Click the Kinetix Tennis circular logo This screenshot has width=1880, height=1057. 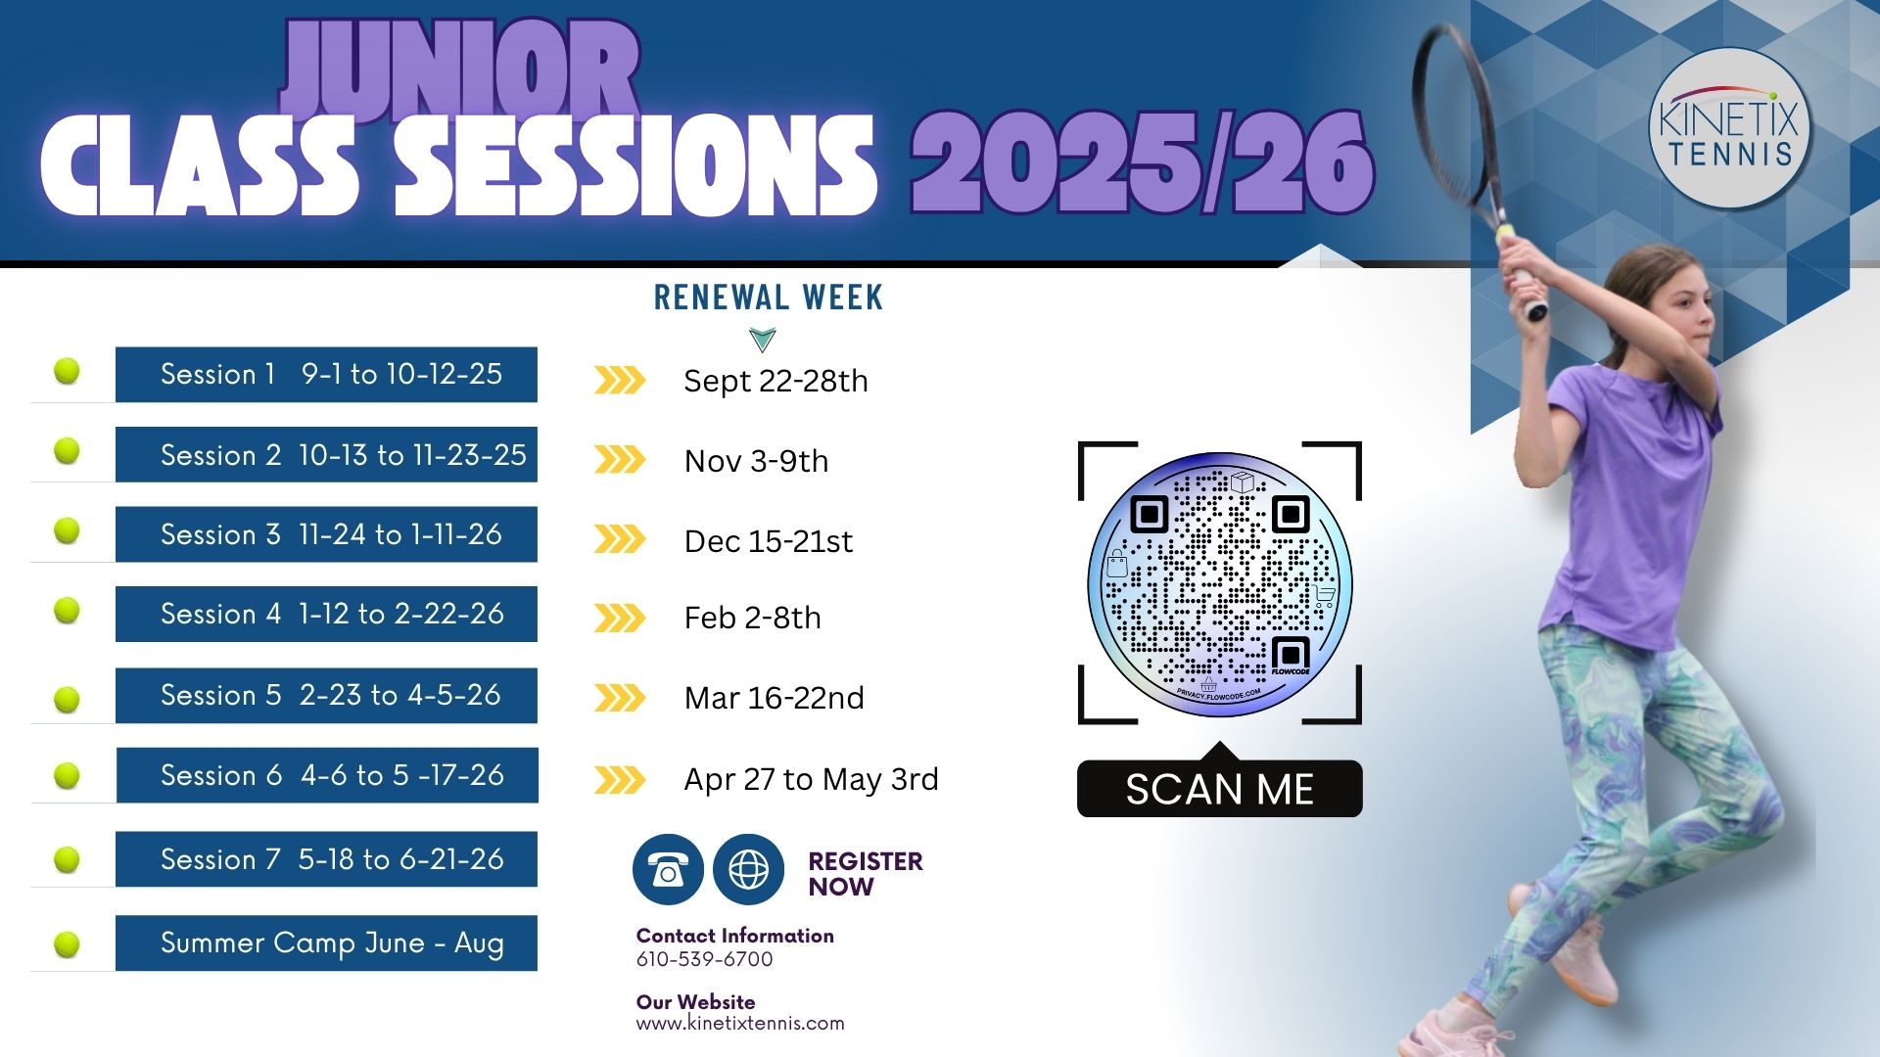(x=1730, y=128)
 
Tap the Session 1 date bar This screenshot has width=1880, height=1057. (x=326, y=374)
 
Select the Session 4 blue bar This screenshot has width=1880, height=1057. (x=326, y=614)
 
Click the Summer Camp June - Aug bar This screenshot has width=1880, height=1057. (x=326, y=942)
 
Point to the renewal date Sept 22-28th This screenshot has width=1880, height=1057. (x=775, y=381)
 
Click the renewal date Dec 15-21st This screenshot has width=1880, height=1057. (x=769, y=541)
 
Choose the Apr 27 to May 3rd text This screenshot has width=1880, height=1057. (x=812, y=779)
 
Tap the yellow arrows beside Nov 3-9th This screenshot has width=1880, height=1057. (x=620, y=459)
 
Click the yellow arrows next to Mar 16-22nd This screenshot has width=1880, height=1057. (x=620, y=698)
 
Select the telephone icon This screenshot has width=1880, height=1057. (x=668, y=869)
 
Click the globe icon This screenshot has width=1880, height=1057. (x=749, y=869)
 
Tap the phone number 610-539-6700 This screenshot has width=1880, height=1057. (x=705, y=959)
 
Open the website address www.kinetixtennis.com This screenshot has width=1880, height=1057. (x=740, y=1024)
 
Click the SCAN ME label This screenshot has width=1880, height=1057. (x=1220, y=789)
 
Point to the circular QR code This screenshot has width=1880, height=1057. (x=1220, y=584)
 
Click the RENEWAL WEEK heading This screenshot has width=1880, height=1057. (x=769, y=298)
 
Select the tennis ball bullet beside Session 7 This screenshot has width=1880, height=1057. (x=67, y=859)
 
